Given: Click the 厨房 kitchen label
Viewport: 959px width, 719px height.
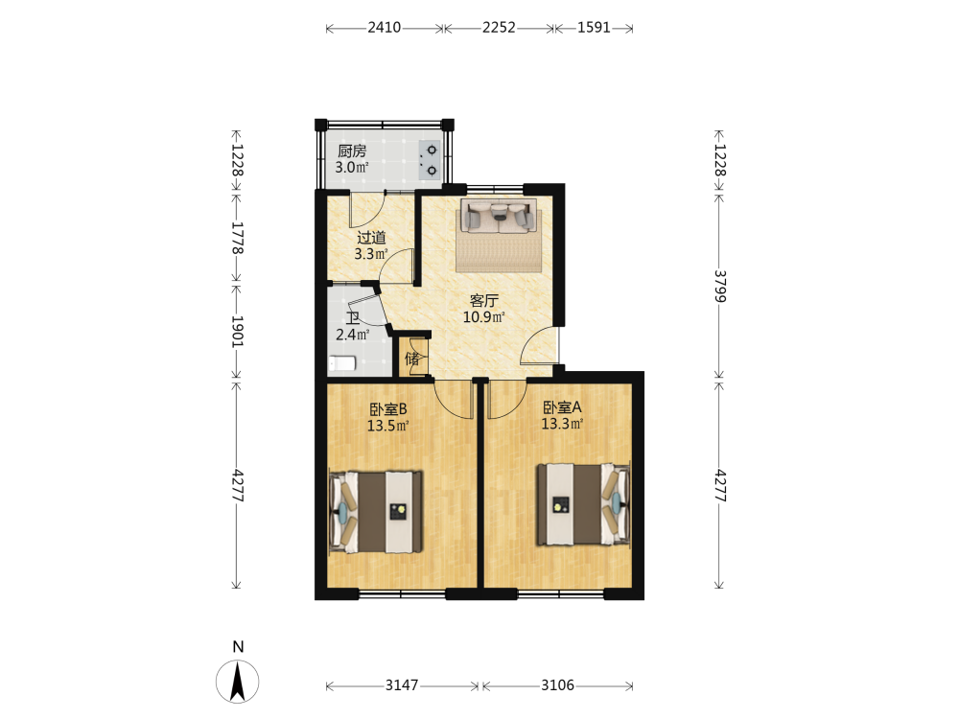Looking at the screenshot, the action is pos(352,151).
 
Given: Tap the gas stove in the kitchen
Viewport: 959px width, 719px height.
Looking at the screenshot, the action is pos(429,160).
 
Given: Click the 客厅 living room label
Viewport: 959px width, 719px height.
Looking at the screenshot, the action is pos(483,300).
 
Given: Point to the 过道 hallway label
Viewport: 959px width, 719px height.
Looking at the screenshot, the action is pos(371,237).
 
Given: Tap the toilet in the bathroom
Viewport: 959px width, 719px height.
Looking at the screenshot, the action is pos(342,363).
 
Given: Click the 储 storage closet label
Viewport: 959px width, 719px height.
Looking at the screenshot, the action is pos(412,359).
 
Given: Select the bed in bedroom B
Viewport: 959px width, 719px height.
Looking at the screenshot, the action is pos(376,512).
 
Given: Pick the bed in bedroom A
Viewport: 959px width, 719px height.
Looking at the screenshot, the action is pos(583,504).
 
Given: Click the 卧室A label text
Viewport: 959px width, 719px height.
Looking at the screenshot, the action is pos(562,407).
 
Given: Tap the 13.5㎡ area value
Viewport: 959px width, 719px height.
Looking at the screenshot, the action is pos(387,426).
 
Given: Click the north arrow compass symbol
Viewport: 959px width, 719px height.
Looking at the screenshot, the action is pos(237,681).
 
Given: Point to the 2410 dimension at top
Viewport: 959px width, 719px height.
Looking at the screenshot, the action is pos(385,28).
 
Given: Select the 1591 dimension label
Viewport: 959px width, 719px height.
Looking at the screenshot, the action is pos(594,28).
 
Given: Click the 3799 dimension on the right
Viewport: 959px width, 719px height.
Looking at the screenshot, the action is pos(720,286).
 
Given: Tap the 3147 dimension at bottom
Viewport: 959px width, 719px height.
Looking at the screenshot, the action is pos(402,685).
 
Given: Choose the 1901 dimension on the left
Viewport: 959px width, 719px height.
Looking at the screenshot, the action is pos(237,332).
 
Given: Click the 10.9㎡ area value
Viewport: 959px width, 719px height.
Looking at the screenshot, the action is pos(483,316).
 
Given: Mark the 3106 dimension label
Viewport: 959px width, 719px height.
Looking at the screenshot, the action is pos(558,685).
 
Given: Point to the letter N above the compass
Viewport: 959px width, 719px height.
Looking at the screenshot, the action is pos(238,647).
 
